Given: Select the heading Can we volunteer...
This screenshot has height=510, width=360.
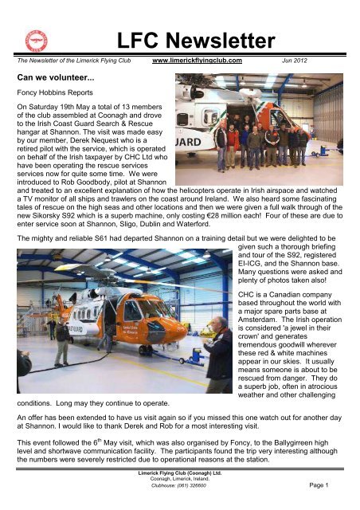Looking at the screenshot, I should [53, 78].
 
